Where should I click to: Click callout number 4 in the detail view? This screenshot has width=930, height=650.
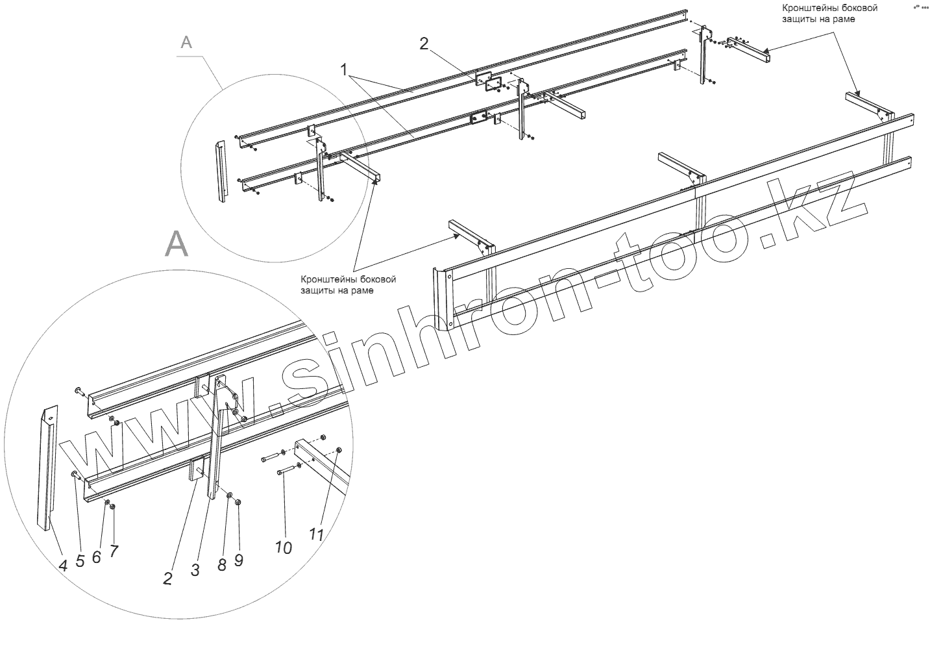pos(63,566)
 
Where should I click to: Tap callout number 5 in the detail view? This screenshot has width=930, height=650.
pos(80,561)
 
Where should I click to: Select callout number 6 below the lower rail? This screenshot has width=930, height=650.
pos(97,556)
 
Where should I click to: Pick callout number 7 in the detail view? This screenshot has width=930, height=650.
pos(114,551)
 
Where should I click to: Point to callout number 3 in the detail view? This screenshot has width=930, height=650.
pos(195,570)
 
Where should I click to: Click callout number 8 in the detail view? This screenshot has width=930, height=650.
pos(221,564)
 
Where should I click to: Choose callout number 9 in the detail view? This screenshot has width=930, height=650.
pos(239,559)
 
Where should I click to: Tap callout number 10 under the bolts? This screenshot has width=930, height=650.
pos(284,547)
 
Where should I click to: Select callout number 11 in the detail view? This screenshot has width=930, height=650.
pos(316,534)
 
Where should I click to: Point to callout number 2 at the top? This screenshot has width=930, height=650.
pos(424,44)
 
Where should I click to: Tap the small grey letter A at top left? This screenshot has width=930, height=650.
pos(186,42)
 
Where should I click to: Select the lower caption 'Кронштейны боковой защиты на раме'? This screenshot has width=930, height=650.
pos(348,285)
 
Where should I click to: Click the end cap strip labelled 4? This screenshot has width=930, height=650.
pos(48,468)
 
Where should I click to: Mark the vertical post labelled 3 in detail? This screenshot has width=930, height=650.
pos(215,442)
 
